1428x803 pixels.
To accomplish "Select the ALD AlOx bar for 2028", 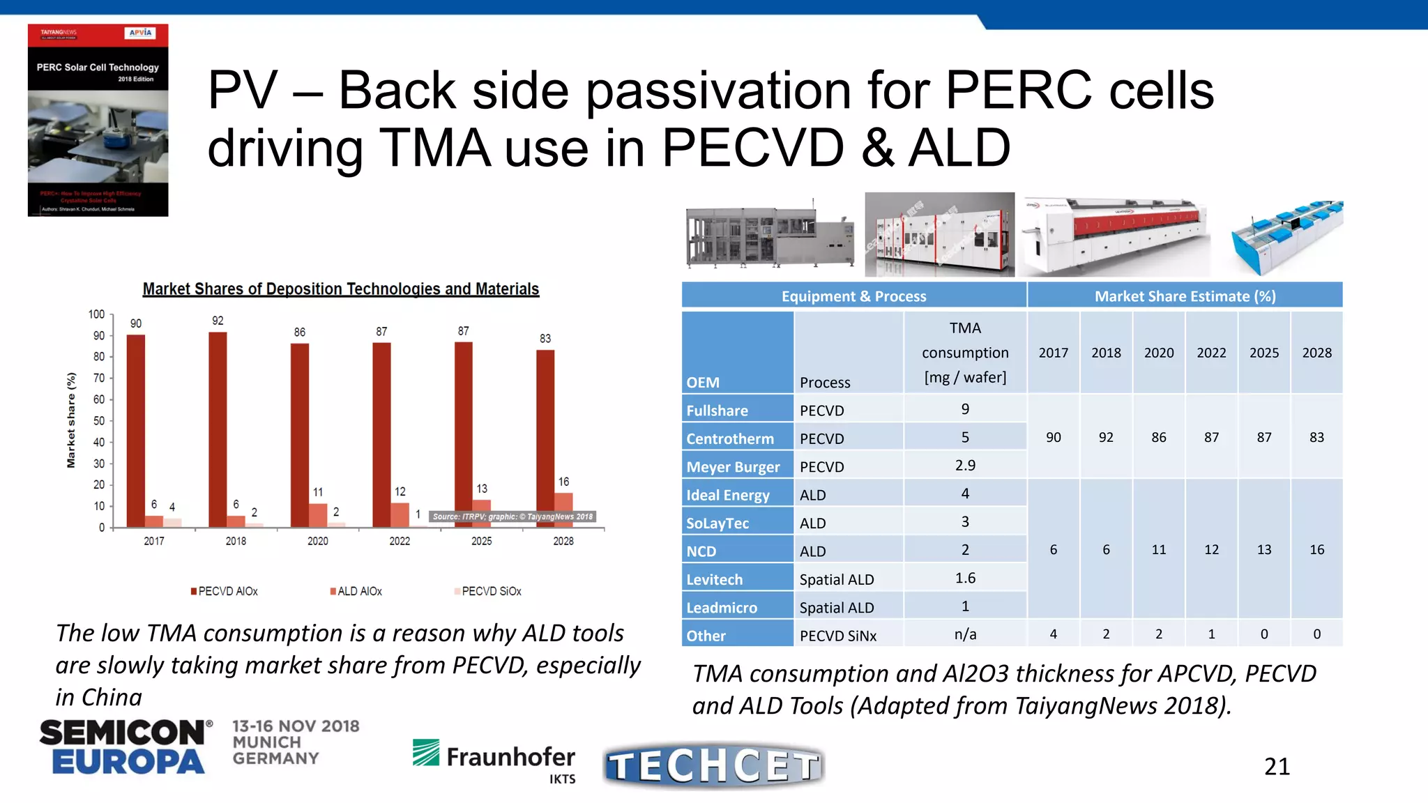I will [563, 510].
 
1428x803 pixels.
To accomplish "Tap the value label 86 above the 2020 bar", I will [299, 332].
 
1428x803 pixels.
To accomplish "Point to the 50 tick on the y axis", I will [99, 421].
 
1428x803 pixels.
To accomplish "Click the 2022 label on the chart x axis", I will [400, 542].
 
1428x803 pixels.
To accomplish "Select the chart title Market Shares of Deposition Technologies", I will [340, 289].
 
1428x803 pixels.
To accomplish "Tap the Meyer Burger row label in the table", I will [733, 467].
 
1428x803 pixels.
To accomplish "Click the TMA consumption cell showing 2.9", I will [965, 466].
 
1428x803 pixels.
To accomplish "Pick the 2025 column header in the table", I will [1263, 353].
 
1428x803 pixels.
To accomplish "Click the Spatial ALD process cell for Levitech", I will [836, 579].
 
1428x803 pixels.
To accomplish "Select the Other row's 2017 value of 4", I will [1053, 634].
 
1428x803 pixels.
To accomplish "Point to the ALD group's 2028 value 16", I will [1316, 550].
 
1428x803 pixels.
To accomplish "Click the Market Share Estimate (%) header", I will [1185, 296].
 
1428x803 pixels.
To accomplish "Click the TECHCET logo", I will [713, 765].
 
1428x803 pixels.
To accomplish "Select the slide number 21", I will [1277, 767].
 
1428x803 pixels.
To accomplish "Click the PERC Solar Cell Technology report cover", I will [98, 120].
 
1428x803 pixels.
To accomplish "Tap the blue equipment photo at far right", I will [1286, 237].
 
